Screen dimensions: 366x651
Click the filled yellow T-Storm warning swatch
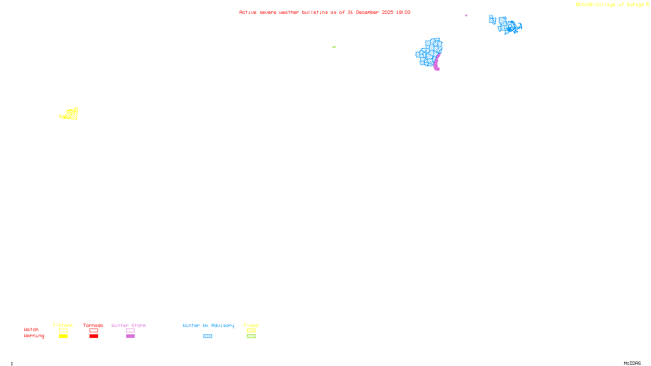tap(63, 336)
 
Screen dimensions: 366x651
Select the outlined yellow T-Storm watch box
tap(63, 331)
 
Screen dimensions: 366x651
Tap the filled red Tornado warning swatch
tap(94, 336)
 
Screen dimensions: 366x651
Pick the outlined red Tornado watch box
tap(94, 331)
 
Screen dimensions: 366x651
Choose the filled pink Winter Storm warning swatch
tap(130, 336)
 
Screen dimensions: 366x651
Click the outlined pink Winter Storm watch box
tap(130, 331)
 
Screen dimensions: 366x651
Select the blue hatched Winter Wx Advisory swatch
tap(208, 336)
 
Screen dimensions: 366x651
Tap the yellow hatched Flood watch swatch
tap(251, 331)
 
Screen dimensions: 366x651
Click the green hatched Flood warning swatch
tap(251, 336)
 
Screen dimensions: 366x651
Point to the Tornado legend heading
tap(93, 325)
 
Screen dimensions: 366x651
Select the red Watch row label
tap(31, 330)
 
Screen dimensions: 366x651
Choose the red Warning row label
tap(34, 336)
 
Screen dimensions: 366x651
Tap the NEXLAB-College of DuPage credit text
tap(609, 5)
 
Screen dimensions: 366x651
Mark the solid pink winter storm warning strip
tap(437, 63)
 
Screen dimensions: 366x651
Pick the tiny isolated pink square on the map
tap(466, 15)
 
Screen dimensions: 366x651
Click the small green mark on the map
tap(334, 47)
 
